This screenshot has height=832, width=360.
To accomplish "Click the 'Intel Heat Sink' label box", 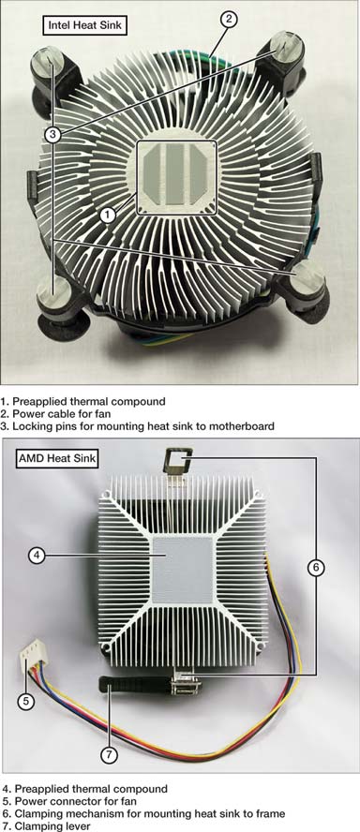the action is tap(85, 24).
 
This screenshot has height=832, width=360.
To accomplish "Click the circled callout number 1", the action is tap(108, 215).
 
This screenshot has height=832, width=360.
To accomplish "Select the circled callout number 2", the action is tap(229, 20).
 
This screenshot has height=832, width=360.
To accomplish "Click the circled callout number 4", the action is tap(37, 556).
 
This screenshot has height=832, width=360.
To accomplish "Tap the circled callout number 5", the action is tap(25, 702).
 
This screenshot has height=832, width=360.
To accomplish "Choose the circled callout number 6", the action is tap(315, 568).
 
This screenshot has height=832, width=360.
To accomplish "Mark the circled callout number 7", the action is tap(109, 755).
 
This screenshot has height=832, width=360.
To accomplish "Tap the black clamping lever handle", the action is tap(135, 684).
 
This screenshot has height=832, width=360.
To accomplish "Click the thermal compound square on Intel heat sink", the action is tap(176, 178).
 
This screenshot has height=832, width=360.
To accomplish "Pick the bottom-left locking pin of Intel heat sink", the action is tap(53, 291).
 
